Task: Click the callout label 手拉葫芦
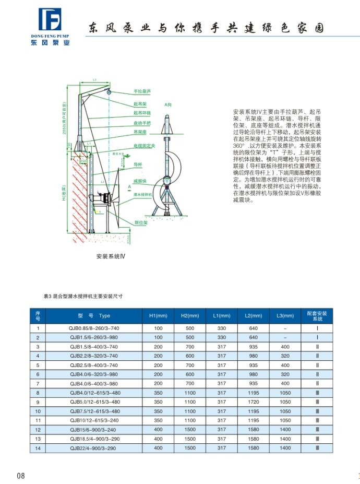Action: pos(141,91)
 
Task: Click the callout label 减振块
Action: pos(139,180)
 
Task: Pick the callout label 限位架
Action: pos(139,222)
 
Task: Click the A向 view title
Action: pos(167,104)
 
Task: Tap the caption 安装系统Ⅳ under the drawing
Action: pos(111,256)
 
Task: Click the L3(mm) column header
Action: pos(285,315)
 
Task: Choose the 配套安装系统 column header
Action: pos(317,315)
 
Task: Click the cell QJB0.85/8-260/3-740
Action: pos(94,328)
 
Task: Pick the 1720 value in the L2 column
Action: pos(253,402)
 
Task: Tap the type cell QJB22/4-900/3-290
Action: pos(94,448)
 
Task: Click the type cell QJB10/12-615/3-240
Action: pos(94,420)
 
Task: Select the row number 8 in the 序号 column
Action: pos(38,392)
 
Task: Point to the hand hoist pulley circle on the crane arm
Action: pos(110,92)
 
